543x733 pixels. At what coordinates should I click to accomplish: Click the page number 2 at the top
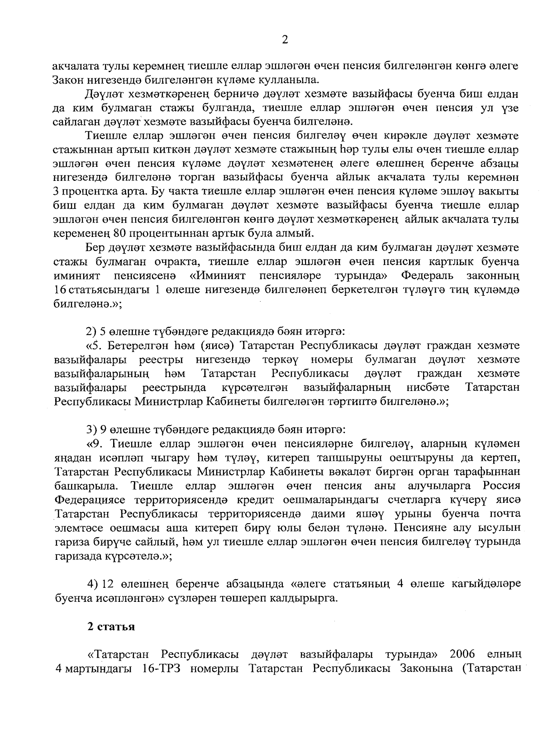285,40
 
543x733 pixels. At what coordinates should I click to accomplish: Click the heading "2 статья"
111,626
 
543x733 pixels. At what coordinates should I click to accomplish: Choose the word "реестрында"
175,388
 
